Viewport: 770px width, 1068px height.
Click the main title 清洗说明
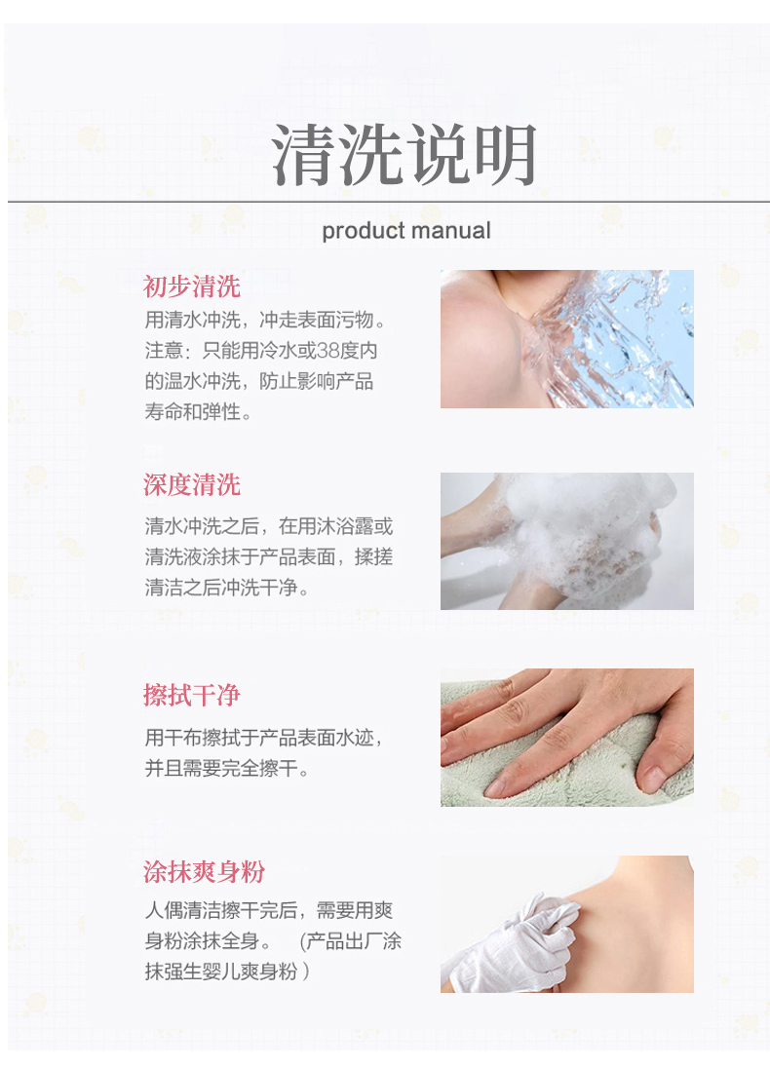click(404, 155)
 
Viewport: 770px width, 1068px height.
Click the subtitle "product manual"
click(406, 231)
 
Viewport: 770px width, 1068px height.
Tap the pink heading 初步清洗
click(191, 286)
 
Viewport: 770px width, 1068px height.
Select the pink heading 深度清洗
click(191, 485)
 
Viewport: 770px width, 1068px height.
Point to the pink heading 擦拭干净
click(191, 696)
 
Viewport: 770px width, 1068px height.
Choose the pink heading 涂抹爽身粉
click(204, 872)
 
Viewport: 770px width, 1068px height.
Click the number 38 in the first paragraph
click(327, 351)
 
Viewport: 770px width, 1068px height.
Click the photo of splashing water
click(567, 339)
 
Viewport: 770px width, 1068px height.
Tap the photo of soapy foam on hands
click(567, 542)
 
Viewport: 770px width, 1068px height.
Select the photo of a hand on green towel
click(567, 738)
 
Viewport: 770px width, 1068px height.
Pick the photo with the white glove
click(567, 925)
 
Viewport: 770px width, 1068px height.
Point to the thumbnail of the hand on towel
click(567, 738)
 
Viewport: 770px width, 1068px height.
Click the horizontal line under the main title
click(388, 202)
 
